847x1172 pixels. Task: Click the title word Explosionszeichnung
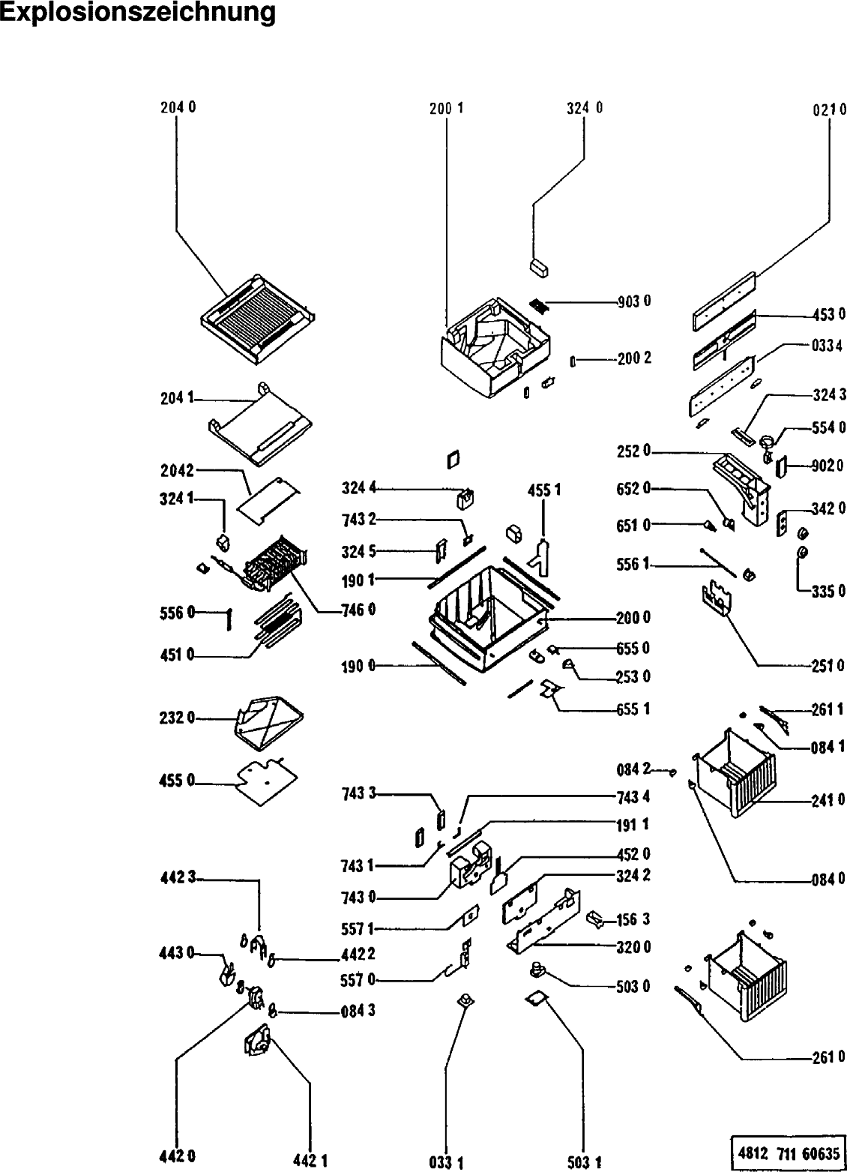coord(137,13)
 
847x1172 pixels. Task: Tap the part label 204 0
coord(178,107)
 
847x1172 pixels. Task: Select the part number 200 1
coord(447,107)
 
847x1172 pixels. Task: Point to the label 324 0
coord(585,107)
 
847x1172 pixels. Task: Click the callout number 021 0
coord(829,109)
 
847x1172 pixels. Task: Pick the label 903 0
coord(634,301)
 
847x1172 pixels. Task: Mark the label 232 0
coord(177,718)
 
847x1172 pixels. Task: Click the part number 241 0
coord(828,799)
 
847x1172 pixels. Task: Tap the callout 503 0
coord(634,986)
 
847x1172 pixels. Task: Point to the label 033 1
coord(446,1163)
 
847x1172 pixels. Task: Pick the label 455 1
coord(544,490)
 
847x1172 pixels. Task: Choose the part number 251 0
coord(828,665)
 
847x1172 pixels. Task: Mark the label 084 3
coord(358,1011)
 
